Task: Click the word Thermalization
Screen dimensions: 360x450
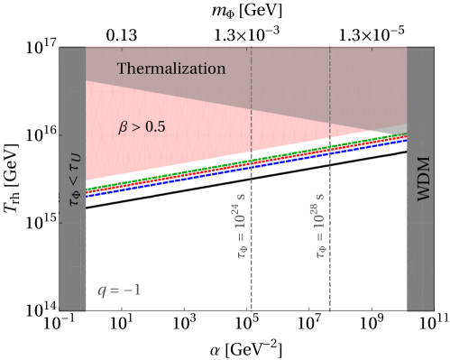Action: click(171, 69)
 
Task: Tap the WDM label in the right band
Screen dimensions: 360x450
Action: click(423, 178)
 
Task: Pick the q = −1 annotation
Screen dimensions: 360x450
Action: click(119, 291)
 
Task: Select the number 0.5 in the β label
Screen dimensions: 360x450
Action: click(155, 127)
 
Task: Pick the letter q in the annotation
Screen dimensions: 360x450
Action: click(101, 291)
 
